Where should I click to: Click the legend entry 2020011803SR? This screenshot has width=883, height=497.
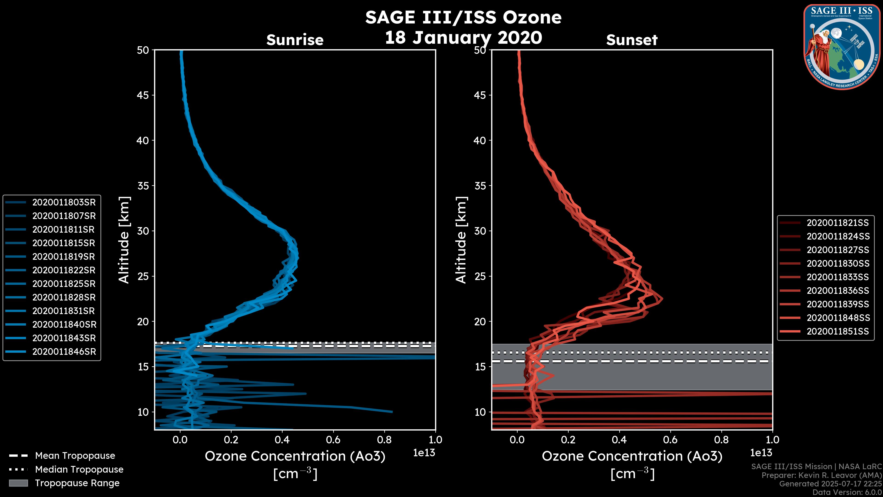(64, 202)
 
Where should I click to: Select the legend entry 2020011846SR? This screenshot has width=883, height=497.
(64, 352)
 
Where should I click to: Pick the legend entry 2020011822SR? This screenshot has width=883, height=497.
(64, 270)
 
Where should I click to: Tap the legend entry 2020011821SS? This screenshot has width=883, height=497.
(837, 223)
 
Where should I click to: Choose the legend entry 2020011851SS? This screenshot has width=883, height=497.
(837, 331)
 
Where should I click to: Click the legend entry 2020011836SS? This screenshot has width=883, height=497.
(837, 291)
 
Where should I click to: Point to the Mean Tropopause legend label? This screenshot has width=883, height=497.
(75, 456)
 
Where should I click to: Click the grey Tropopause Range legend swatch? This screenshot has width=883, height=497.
(18, 483)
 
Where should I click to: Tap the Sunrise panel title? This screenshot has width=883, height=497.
(295, 40)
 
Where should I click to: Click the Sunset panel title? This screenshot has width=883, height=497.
(632, 40)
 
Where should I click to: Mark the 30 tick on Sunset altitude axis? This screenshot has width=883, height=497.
(480, 231)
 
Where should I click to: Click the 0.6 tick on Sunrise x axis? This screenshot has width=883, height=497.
(333, 439)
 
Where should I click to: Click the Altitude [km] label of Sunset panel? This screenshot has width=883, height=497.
(461, 240)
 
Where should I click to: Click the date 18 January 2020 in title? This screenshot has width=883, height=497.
(463, 38)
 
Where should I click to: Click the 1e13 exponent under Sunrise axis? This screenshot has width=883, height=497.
(424, 453)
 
